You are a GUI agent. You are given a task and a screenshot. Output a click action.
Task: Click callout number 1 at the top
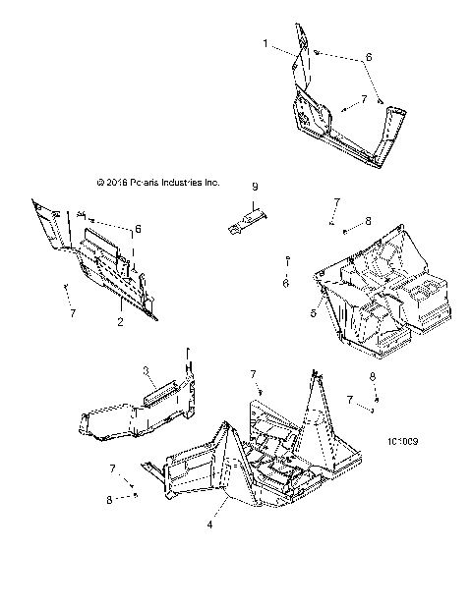point(265,44)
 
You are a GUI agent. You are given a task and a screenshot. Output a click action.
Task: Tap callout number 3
point(146,370)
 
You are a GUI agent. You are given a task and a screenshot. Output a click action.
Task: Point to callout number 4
point(210,524)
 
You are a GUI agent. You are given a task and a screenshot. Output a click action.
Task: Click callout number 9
point(254,186)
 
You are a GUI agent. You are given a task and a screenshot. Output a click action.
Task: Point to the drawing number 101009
point(405,442)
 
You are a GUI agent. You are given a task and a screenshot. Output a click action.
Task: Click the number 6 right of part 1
point(369,57)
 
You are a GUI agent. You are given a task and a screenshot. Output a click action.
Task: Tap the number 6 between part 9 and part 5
point(285,283)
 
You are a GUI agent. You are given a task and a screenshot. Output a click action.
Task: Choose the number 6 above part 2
point(139,229)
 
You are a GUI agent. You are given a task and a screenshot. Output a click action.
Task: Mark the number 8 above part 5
point(368,221)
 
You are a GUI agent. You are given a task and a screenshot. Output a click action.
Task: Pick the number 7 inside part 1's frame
point(364,100)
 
